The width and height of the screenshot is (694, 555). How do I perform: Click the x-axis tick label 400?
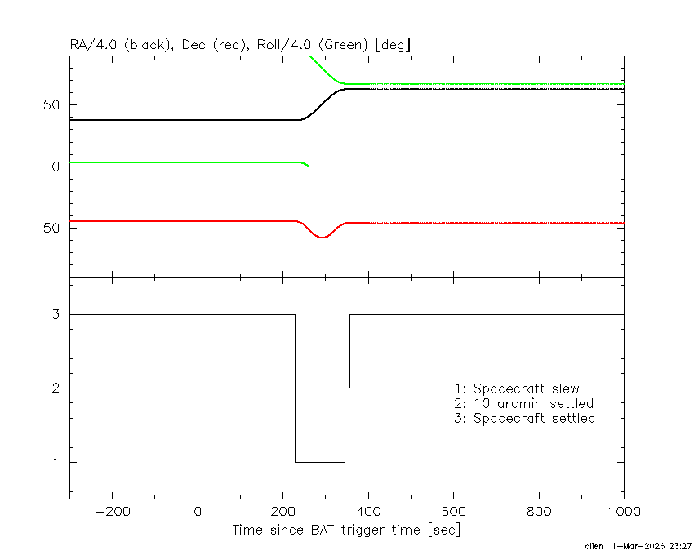tap(369, 512)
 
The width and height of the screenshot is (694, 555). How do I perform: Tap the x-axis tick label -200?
tap(113, 512)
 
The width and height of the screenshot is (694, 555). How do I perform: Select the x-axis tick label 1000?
tap(624, 512)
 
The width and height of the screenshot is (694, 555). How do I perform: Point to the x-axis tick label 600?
tap(454, 512)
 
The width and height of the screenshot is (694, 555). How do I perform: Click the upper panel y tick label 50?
tap(51, 105)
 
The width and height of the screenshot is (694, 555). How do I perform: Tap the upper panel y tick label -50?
tap(47, 229)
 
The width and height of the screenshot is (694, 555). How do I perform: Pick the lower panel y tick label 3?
tap(56, 314)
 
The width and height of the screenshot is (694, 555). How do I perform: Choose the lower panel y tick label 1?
tap(56, 463)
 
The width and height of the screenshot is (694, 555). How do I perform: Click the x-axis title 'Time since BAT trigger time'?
tap(327, 530)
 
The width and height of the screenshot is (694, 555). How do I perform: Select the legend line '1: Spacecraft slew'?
tap(517, 388)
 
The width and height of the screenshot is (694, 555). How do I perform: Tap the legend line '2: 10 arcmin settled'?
tap(524, 404)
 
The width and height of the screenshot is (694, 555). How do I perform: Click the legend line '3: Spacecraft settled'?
tap(525, 418)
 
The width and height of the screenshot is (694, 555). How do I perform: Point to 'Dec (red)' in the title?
tap(214, 45)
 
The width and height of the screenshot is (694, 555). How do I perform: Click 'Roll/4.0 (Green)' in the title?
tap(313, 45)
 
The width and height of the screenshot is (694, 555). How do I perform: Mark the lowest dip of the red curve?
tap(323, 238)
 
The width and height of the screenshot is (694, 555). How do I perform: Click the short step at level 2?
tap(348, 388)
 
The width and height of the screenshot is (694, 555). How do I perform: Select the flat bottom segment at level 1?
tap(320, 463)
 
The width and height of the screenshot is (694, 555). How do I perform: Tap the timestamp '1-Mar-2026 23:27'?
tap(652, 546)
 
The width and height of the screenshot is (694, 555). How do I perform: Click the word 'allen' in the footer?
tap(594, 546)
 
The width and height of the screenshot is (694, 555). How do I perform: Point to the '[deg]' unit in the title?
tap(393, 45)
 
